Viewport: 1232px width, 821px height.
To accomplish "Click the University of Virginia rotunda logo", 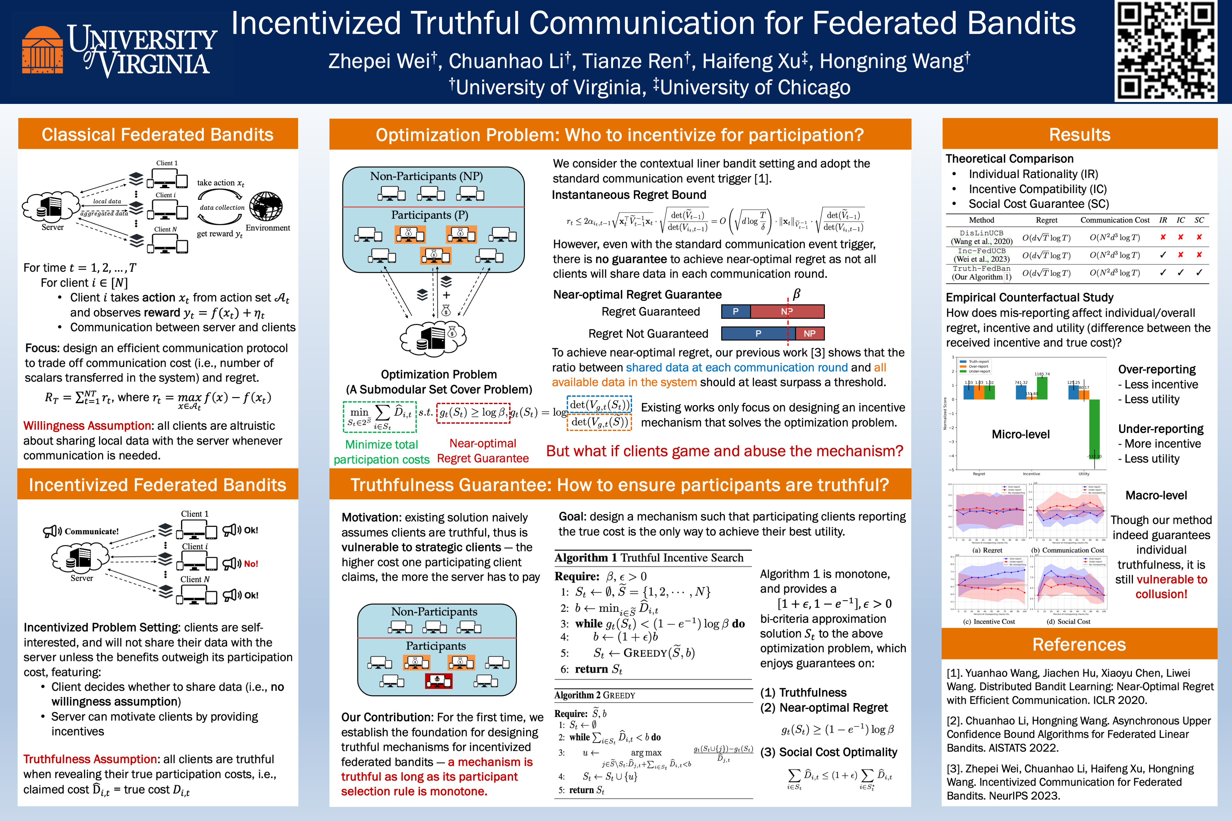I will click(x=42, y=50).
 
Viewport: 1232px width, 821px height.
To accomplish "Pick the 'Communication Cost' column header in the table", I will click(x=1115, y=220).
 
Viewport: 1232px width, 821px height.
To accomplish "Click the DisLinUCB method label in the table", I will click(x=981, y=233).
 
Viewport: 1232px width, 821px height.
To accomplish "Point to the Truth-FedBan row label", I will click(x=981, y=269).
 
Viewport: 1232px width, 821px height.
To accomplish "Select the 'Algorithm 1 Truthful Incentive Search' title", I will click(x=648, y=558).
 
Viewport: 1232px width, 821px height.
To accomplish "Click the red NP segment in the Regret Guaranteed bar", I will click(x=787, y=311).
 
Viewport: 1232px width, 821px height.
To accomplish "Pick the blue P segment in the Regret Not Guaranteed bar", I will click(x=757, y=334).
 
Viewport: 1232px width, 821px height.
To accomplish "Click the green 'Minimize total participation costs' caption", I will click(x=381, y=451).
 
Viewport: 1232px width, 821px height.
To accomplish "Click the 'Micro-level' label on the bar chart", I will click(x=1020, y=434).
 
